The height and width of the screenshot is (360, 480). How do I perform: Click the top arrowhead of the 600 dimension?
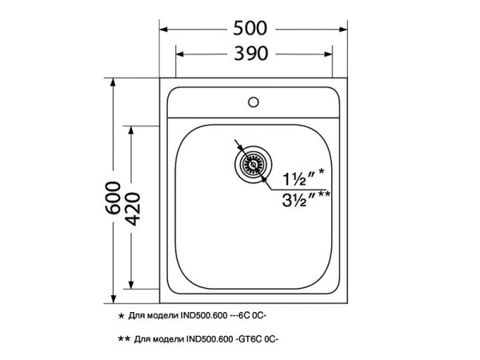coord(113,83)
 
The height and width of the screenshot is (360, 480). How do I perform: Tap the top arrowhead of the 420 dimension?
coord(133,128)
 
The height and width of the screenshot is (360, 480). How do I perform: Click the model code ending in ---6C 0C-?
coord(240,317)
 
